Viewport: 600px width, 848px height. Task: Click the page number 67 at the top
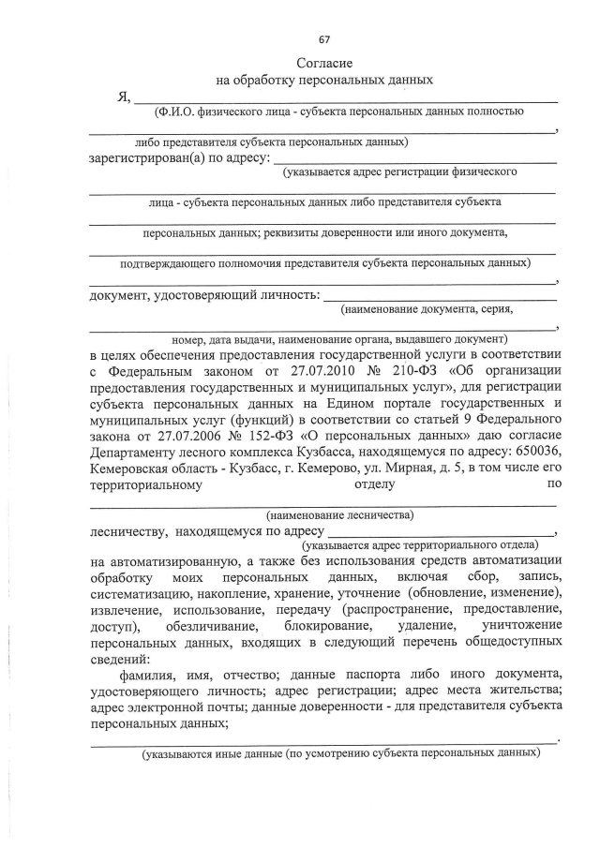(324, 39)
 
